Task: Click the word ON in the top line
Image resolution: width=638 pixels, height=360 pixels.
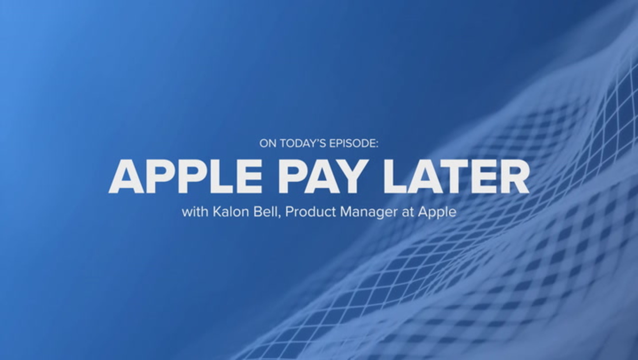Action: pyautogui.click(x=268, y=143)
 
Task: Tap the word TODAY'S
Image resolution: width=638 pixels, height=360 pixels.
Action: pyautogui.click(x=303, y=143)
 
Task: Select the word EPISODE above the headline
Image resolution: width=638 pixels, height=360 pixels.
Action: pyautogui.click(x=352, y=143)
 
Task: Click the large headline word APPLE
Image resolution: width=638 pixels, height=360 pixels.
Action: pyautogui.click(x=185, y=176)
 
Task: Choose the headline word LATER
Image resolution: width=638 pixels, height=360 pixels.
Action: pyautogui.click(x=457, y=176)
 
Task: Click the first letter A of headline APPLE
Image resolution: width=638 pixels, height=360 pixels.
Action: pyautogui.click(x=126, y=176)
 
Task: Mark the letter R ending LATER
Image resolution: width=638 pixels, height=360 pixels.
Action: pyautogui.click(x=514, y=176)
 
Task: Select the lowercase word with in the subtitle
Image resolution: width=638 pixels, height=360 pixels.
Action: pyautogui.click(x=195, y=212)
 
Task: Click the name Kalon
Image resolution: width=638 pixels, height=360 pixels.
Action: pyautogui.click(x=231, y=212)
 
